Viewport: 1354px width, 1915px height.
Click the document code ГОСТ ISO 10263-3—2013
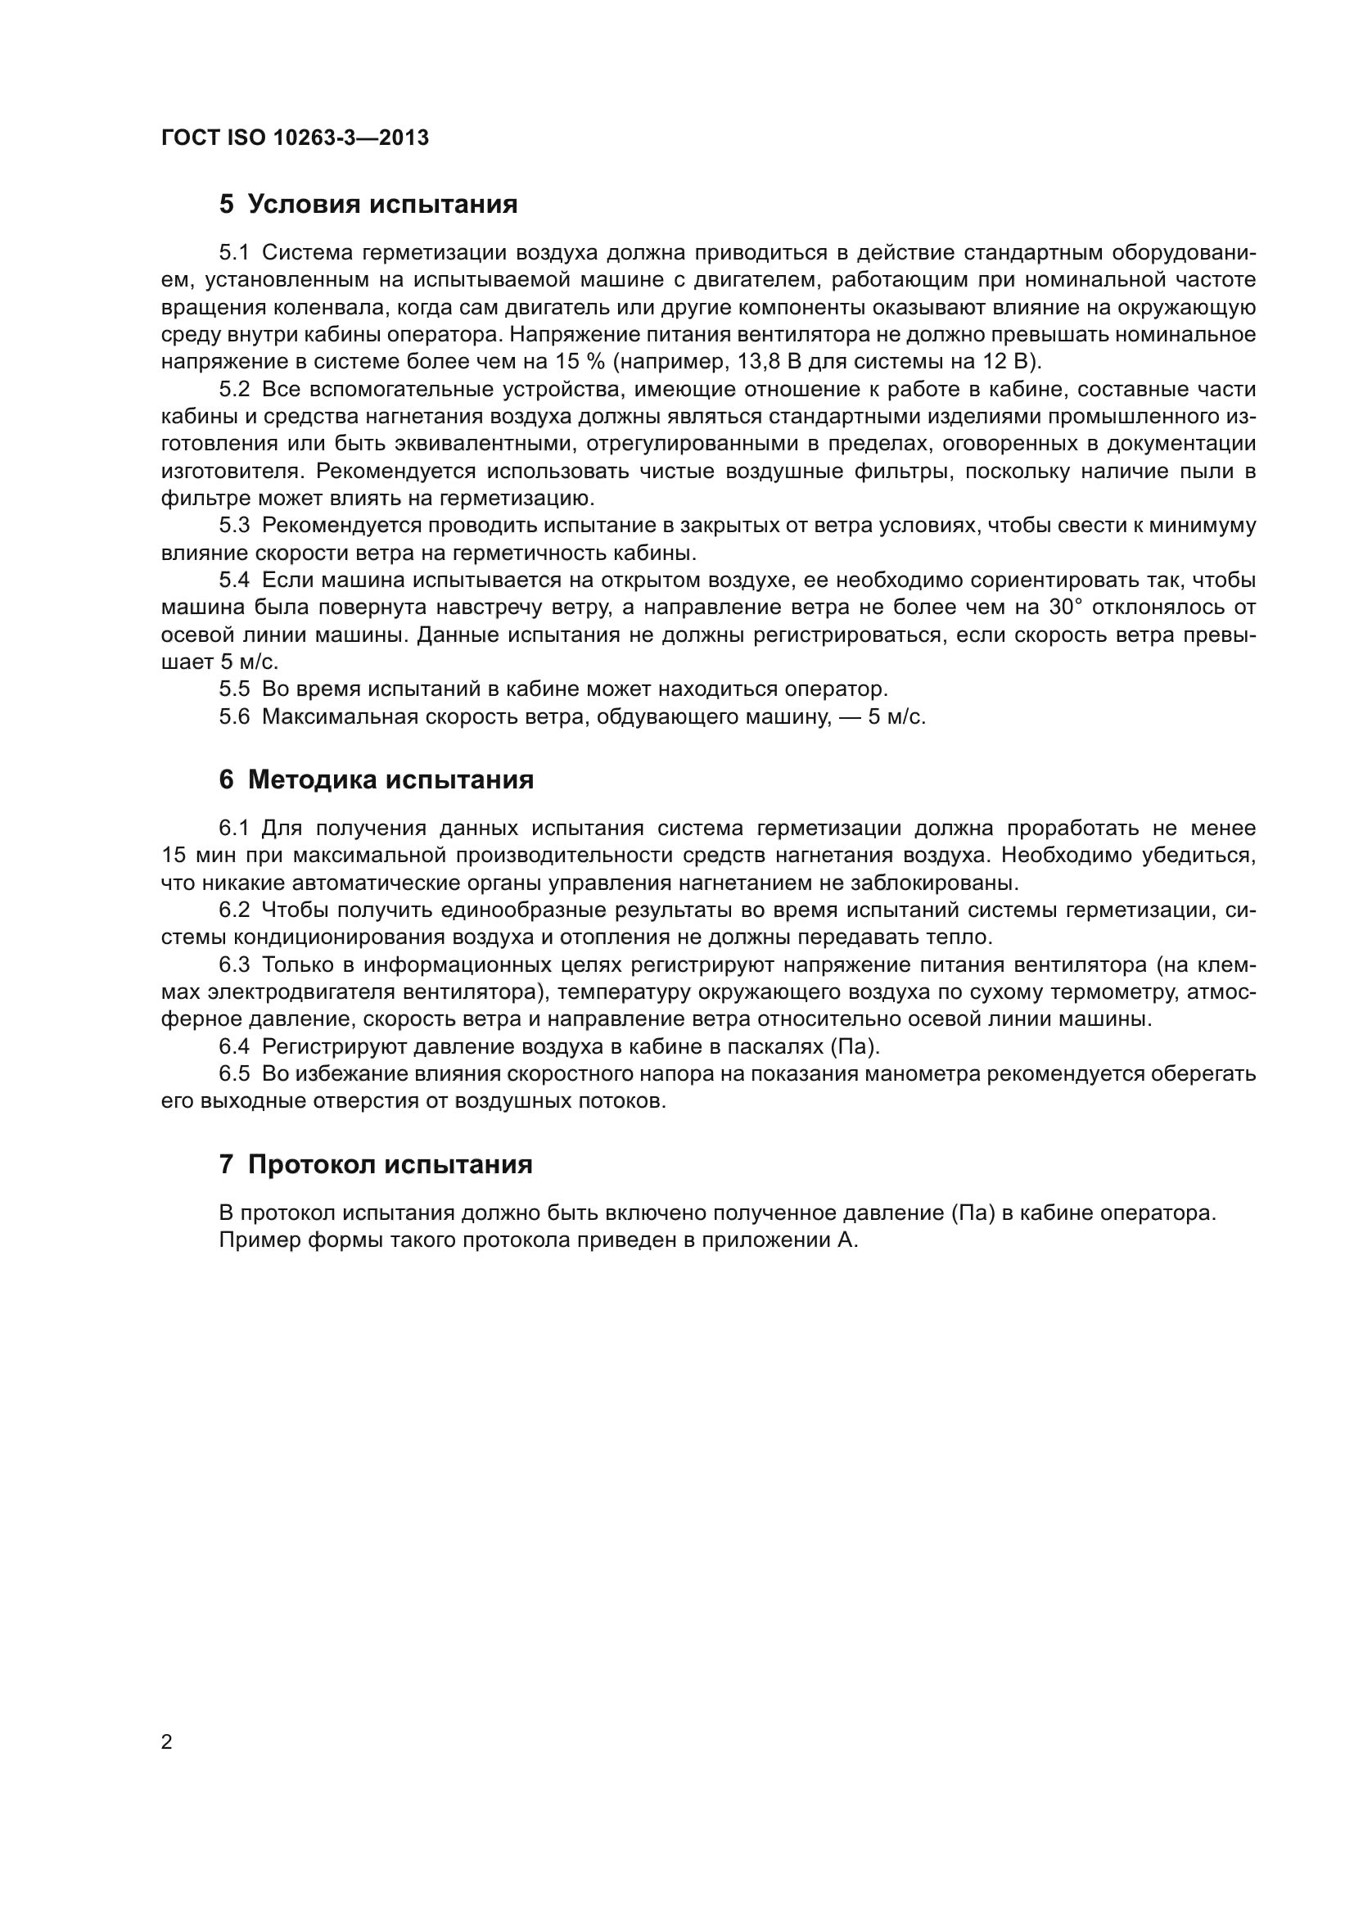[296, 138]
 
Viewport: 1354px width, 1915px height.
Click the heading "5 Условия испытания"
[368, 205]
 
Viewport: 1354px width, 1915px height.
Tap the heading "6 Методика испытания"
[376, 780]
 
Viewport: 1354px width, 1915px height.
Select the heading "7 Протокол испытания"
[375, 1163]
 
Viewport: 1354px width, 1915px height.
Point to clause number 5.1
[234, 253]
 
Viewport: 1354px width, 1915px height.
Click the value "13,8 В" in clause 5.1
[770, 362]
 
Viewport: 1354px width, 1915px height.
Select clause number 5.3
[234, 526]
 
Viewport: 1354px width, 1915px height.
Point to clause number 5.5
[234, 689]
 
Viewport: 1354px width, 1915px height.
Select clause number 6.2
[234, 910]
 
